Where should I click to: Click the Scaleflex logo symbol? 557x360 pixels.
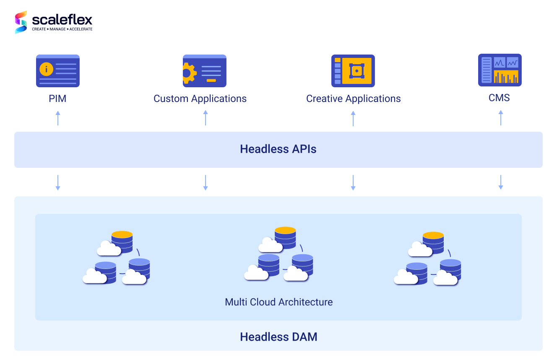[x=21, y=22]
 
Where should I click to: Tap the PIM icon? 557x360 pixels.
[x=58, y=71]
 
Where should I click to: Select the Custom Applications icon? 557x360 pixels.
[x=205, y=71]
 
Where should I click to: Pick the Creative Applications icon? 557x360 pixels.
[x=353, y=71]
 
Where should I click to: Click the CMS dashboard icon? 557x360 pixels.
[x=500, y=70]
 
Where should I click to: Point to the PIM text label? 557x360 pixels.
[x=57, y=99]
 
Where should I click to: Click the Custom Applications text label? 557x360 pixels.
[x=200, y=99]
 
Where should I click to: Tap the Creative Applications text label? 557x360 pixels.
[x=353, y=99]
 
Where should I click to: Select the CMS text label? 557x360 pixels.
[x=499, y=98]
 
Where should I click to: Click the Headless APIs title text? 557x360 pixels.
[x=278, y=149]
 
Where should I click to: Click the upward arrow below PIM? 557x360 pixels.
[x=58, y=118]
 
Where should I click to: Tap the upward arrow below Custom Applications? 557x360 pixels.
[x=206, y=118]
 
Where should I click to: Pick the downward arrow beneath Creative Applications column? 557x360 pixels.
[x=353, y=183]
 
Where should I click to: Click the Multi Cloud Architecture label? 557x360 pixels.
[x=278, y=302]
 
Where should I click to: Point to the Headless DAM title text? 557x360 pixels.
[x=278, y=337]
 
